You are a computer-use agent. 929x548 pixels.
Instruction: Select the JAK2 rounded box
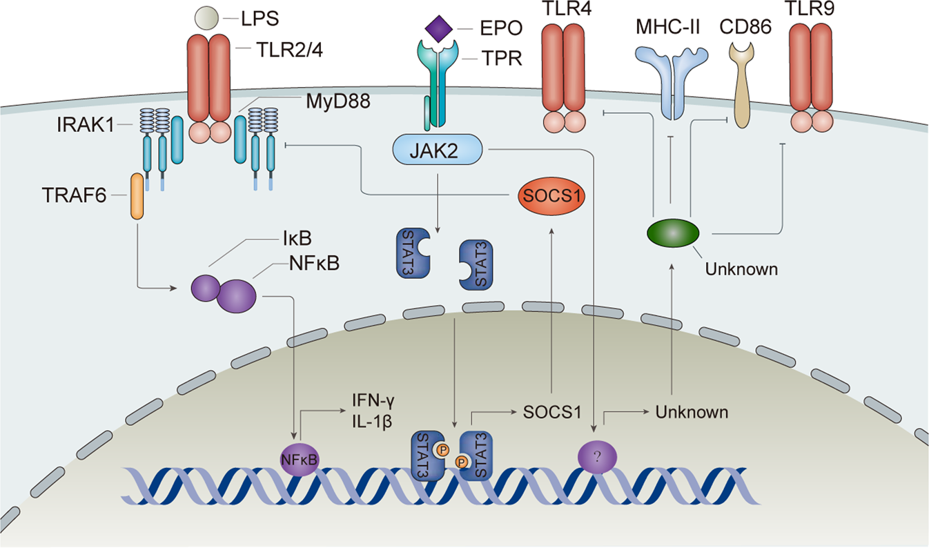coord(437,149)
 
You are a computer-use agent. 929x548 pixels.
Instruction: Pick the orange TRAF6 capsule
coord(137,197)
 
